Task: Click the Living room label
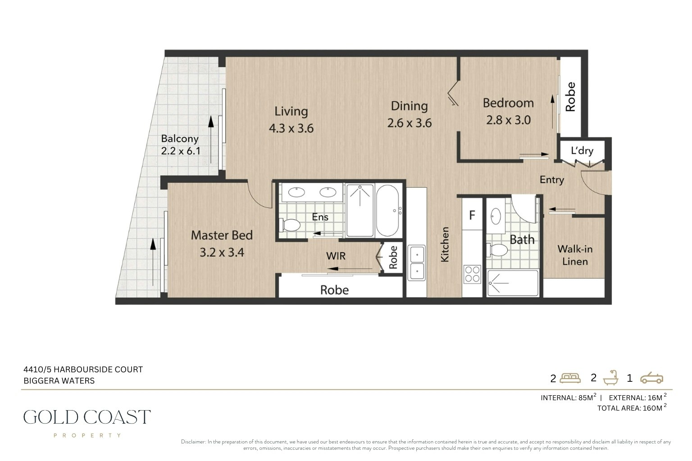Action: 291,112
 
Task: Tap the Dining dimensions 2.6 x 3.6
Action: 410,123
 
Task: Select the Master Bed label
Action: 222,235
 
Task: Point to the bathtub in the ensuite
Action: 387,211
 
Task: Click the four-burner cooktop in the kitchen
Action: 472,274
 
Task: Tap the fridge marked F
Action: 472,215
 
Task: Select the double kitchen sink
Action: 416,262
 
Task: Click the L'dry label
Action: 582,151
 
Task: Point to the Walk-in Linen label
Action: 575,255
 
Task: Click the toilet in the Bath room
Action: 497,250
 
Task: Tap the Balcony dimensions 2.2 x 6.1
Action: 181,151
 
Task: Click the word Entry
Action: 552,180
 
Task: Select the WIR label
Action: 336,256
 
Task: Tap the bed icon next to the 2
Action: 570,378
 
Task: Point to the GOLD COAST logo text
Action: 87,417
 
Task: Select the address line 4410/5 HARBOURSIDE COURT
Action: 83,369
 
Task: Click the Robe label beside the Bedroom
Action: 570,97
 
